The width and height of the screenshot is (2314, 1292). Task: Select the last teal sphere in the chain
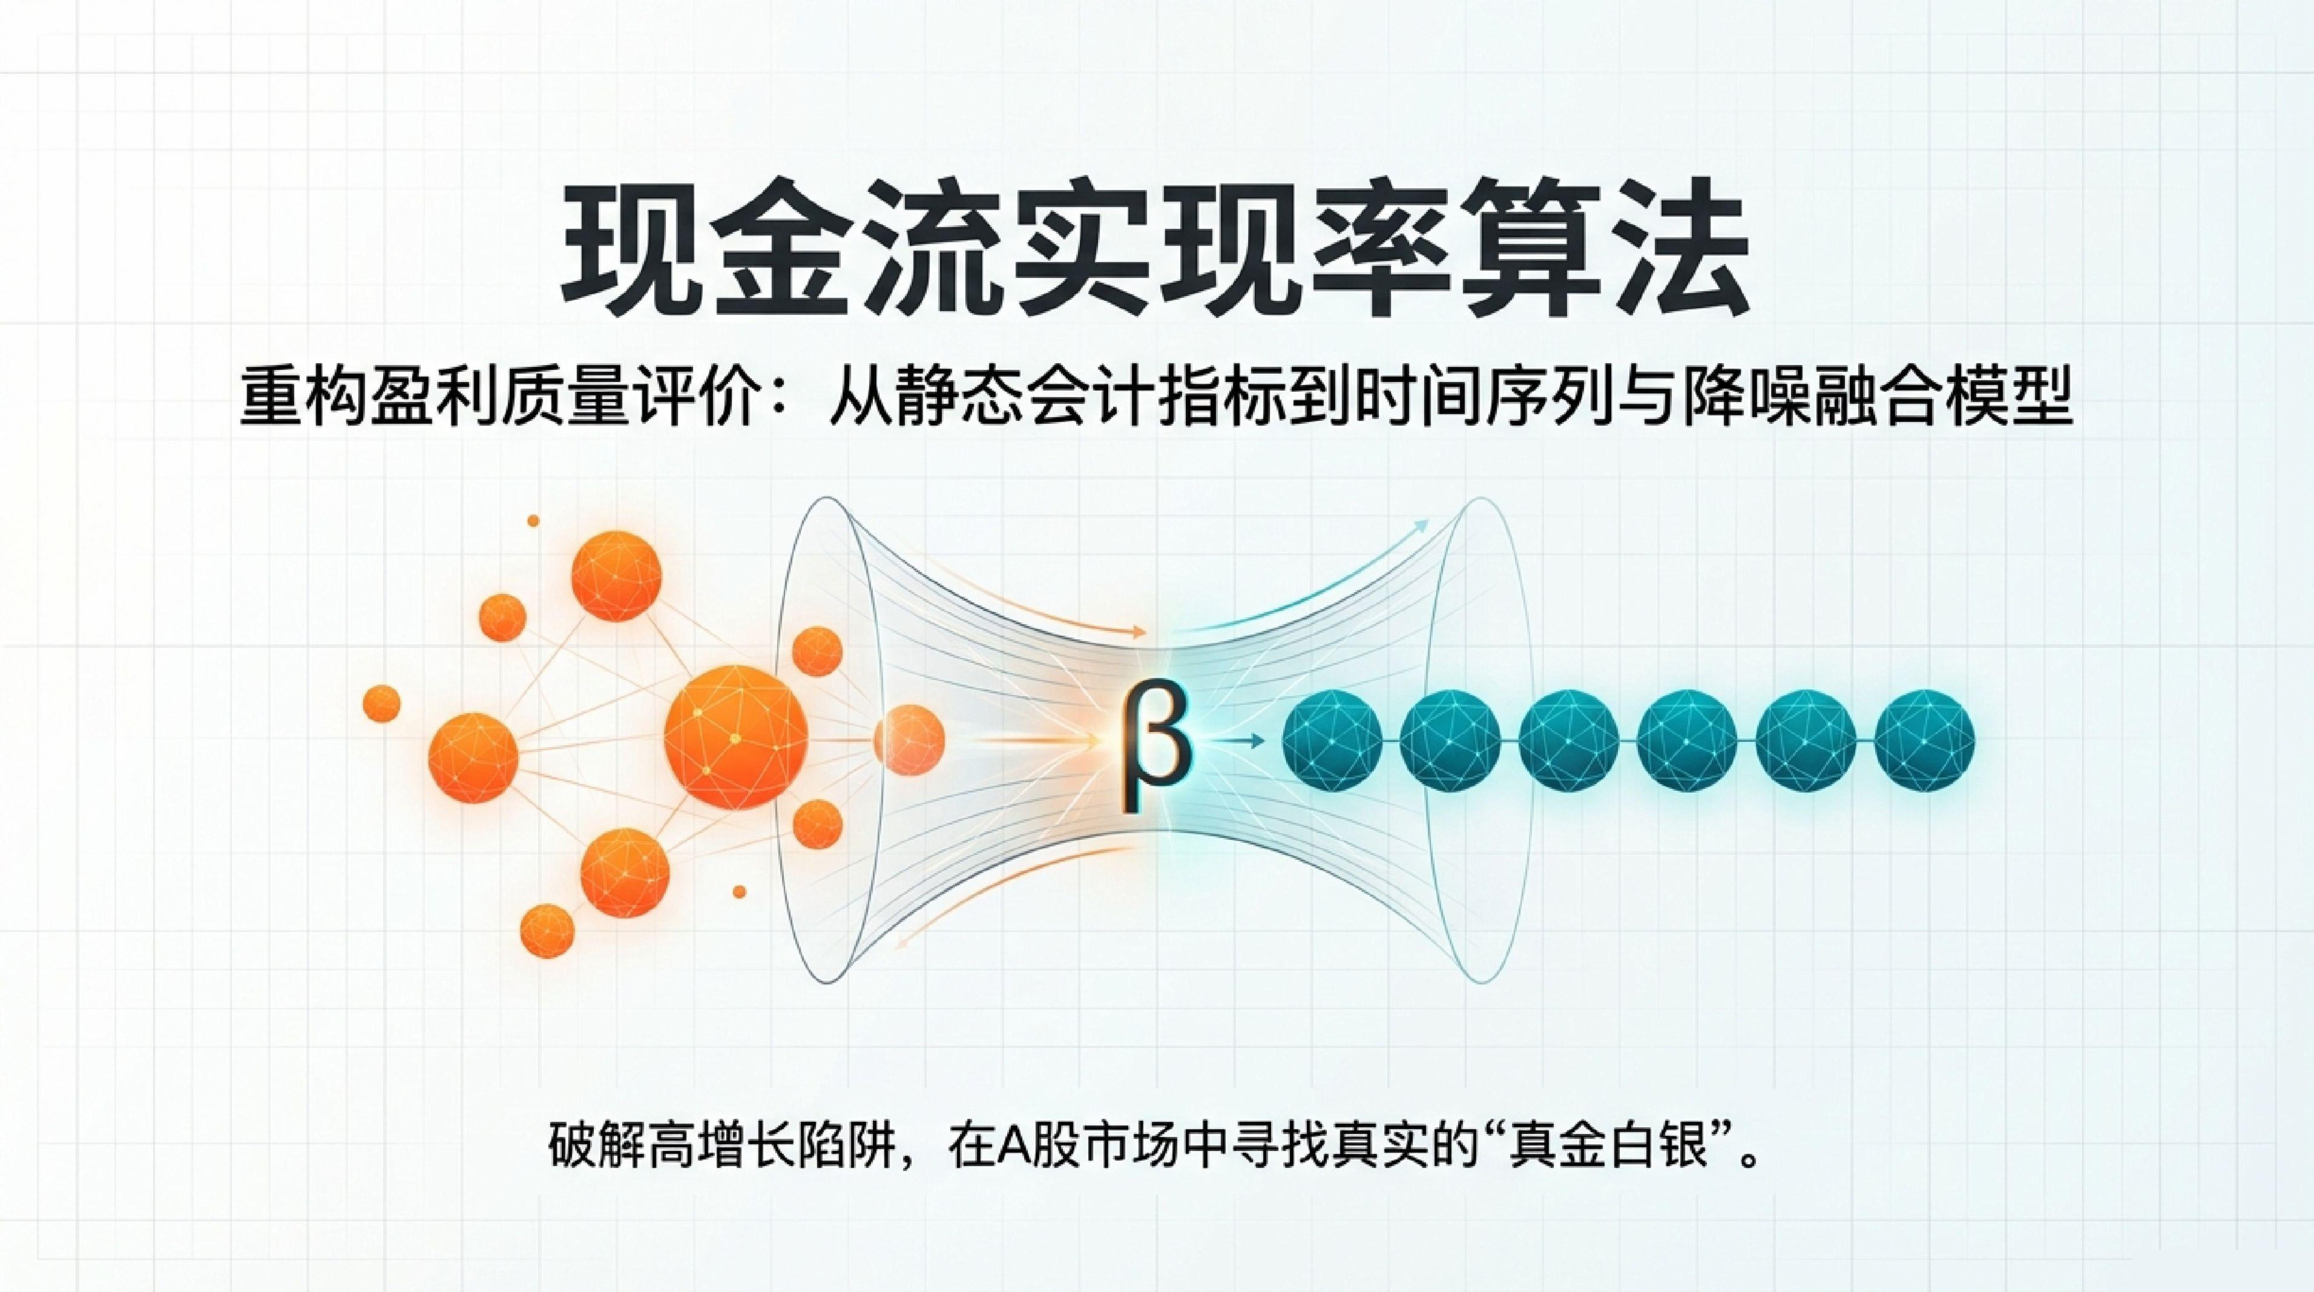coord(1925,739)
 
